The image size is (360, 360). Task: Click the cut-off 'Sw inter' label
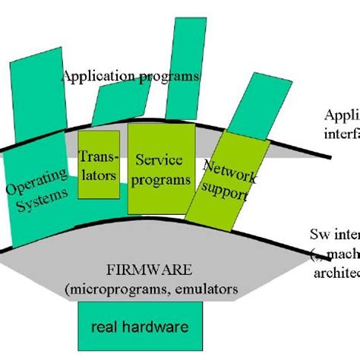[x=334, y=233]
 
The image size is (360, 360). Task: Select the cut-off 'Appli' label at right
[x=341, y=115]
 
